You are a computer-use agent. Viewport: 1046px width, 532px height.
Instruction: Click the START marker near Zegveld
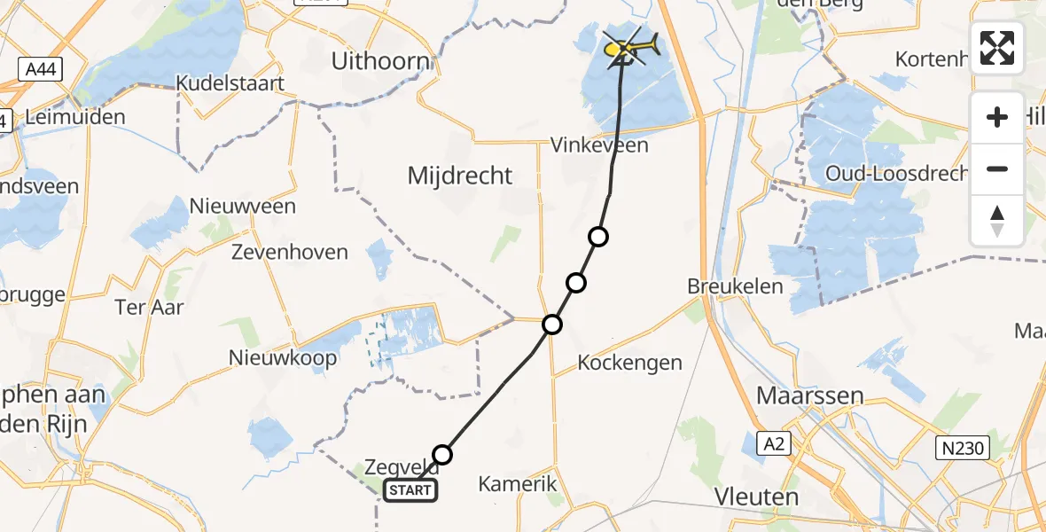click(x=410, y=490)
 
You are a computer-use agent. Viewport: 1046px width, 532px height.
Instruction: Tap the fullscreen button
click(x=997, y=48)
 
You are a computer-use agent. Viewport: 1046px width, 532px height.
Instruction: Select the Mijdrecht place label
click(x=460, y=176)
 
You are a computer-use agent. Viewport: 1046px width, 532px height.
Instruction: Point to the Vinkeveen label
click(x=599, y=145)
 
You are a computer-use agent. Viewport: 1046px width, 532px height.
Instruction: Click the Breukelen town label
click(x=735, y=286)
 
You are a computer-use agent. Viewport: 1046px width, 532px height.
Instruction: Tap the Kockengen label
click(x=629, y=362)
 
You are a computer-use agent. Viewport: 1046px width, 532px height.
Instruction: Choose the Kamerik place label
click(x=518, y=484)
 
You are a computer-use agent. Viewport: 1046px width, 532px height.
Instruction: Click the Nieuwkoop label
click(x=284, y=358)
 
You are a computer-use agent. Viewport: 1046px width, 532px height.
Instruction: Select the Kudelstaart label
click(x=230, y=84)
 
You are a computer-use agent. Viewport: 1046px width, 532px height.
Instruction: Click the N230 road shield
click(x=962, y=449)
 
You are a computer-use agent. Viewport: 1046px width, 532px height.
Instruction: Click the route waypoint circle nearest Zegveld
click(x=442, y=455)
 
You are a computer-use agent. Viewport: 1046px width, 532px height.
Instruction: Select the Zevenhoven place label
click(x=289, y=253)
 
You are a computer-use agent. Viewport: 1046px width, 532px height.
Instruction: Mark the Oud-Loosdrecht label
click(x=895, y=173)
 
